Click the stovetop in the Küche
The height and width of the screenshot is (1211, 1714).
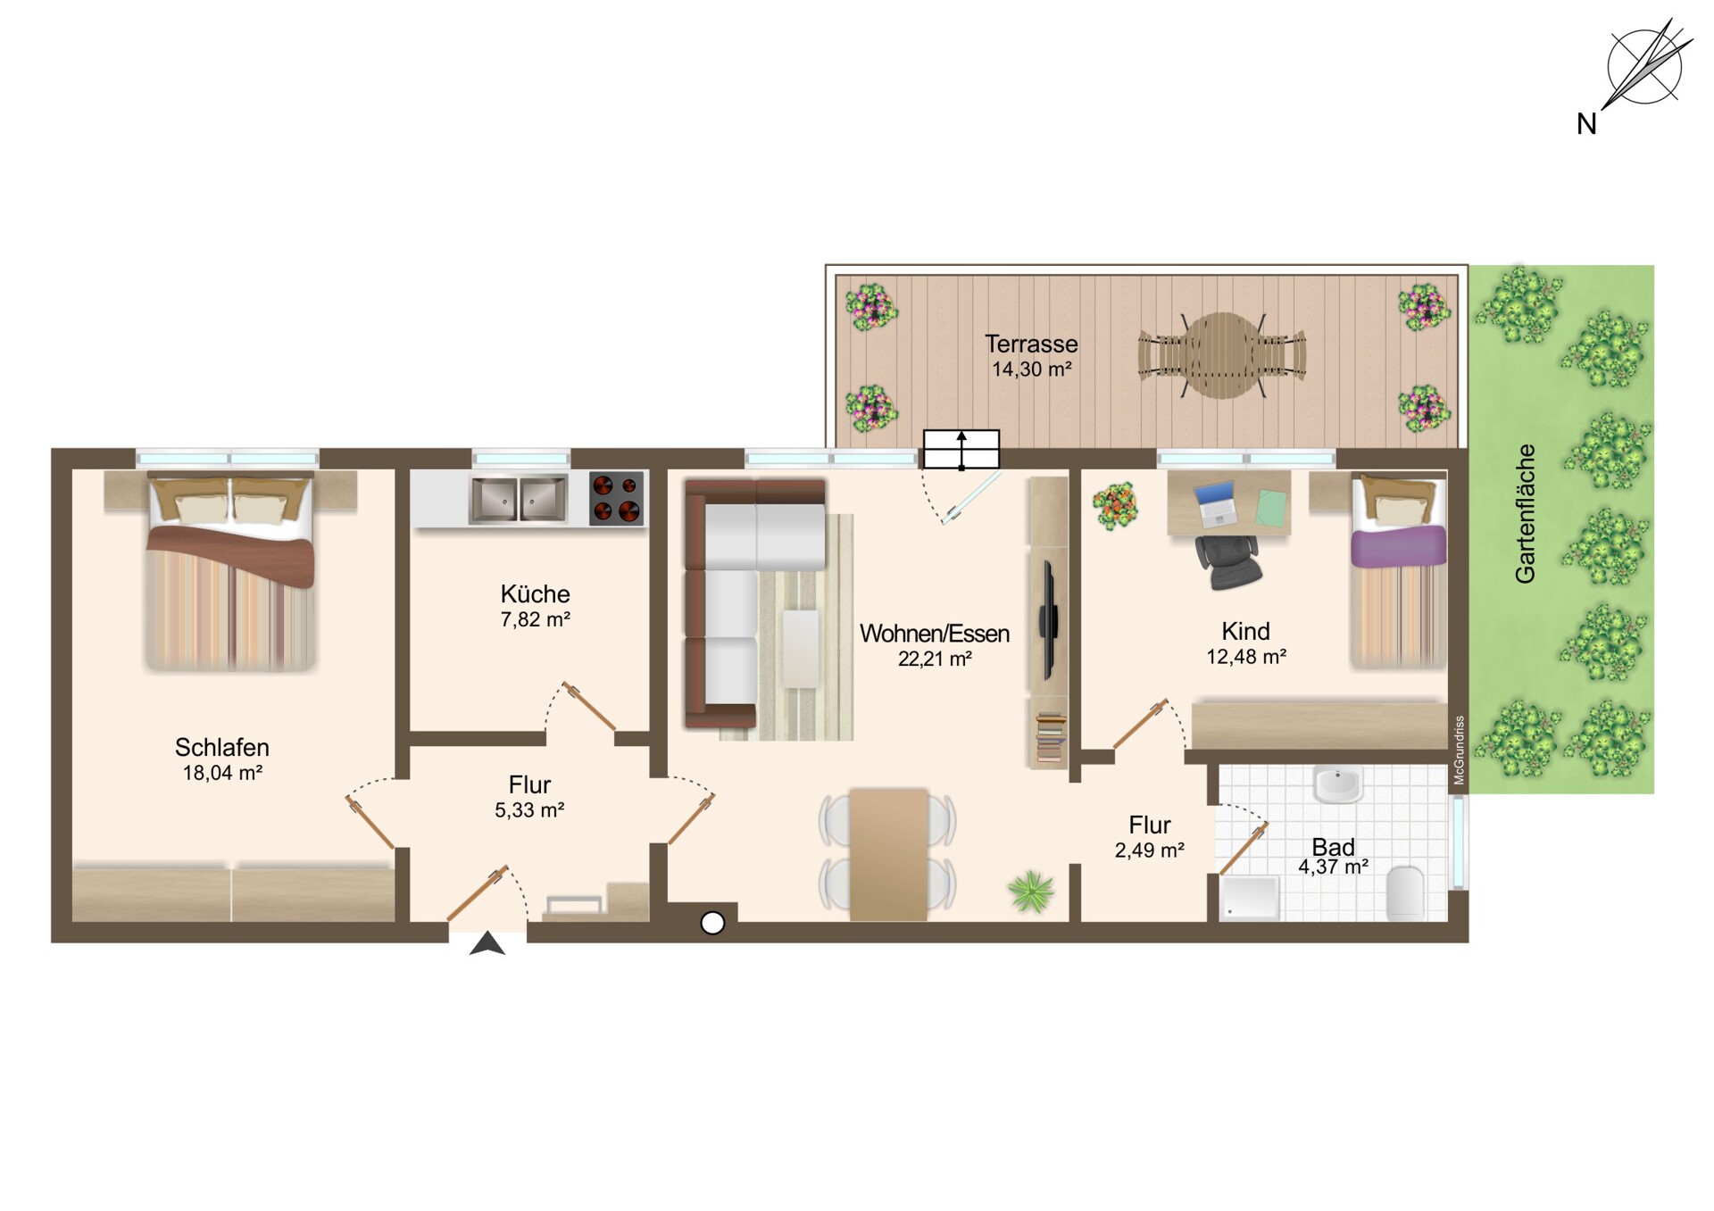click(x=617, y=498)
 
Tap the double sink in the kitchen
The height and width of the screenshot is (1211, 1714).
click(x=519, y=499)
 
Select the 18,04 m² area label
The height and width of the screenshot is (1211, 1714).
click(x=222, y=773)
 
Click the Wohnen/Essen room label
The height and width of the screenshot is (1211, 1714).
click(x=935, y=634)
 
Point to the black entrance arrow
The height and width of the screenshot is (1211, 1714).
click(x=487, y=944)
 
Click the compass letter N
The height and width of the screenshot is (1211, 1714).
click(x=1586, y=124)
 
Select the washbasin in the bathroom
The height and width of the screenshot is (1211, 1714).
click(x=1337, y=784)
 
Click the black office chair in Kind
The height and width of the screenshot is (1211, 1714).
click(x=1227, y=561)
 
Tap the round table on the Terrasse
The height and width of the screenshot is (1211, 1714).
click(x=1223, y=355)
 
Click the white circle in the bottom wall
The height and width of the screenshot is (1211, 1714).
click(x=712, y=924)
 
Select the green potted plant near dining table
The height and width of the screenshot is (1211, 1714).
click(x=1031, y=892)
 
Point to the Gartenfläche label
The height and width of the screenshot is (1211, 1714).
click(x=1526, y=514)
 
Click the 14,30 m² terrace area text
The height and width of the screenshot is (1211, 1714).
click(x=1032, y=369)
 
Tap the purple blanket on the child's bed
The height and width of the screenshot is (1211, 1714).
click(x=1398, y=545)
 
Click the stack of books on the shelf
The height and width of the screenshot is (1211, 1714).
click(x=1051, y=737)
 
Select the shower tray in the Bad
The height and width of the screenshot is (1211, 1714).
click(x=1249, y=898)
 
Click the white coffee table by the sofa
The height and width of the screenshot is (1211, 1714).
click(x=801, y=649)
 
